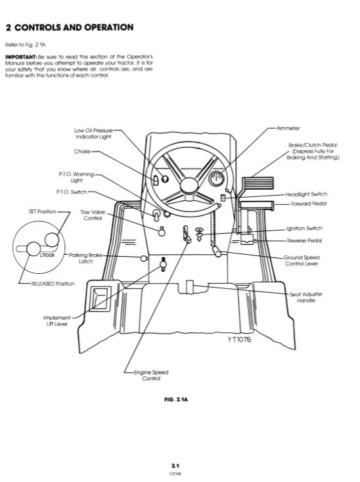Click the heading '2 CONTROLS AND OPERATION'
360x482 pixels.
click(x=69, y=27)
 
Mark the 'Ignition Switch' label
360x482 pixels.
click(x=304, y=229)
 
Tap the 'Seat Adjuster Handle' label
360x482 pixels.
click(x=306, y=297)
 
